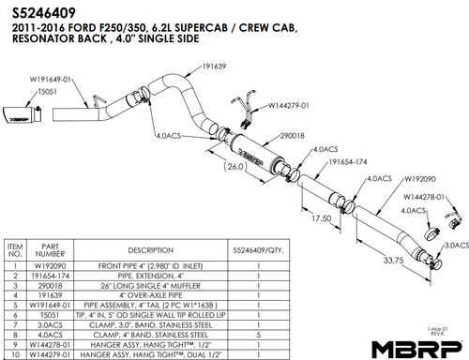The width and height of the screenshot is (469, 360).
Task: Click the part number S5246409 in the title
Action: (42, 12)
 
